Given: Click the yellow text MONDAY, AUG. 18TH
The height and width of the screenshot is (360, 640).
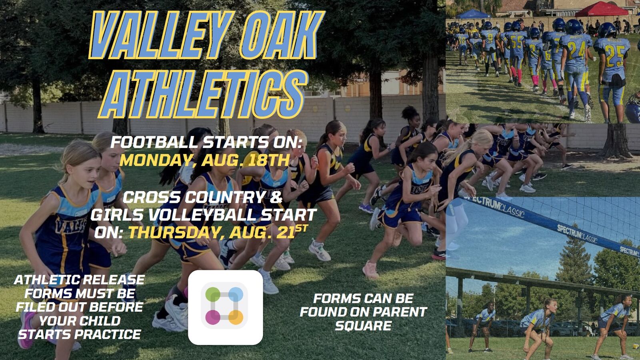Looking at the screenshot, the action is pos(205,160).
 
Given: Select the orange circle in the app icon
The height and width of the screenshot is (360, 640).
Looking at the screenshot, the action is pos(236,318).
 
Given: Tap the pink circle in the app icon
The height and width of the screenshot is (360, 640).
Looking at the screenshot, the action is pos(213,318).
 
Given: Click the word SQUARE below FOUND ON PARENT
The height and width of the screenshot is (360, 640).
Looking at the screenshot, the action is pos(363,326).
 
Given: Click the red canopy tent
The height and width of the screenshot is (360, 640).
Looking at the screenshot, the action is pos(602,10).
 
